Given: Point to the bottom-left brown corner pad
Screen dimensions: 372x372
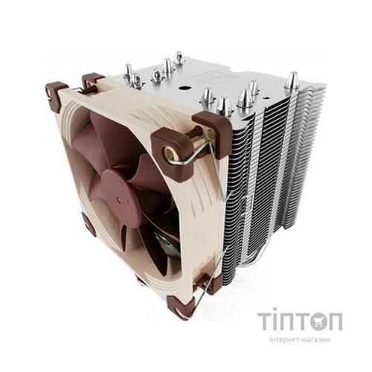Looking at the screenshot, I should pos(89,223).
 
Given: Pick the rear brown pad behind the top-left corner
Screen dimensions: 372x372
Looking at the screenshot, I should pos(92,79).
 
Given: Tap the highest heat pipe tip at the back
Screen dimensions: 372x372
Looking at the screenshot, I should pos(179,57).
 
